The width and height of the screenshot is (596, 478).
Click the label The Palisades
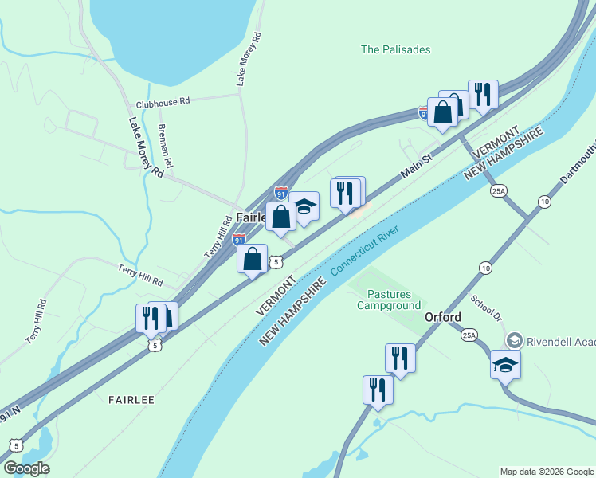[x=395, y=49]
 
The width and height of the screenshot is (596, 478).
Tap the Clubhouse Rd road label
[x=163, y=102]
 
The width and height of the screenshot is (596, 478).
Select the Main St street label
[x=415, y=166]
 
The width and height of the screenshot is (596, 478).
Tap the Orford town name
[x=442, y=317]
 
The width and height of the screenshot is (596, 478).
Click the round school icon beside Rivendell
[x=514, y=340]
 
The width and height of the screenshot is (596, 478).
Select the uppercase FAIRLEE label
[x=131, y=400]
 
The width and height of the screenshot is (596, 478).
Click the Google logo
[x=26, y=468]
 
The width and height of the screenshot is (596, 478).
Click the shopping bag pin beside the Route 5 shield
[x=253, y=259]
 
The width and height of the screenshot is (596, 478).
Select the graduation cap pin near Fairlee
[x=304, y=206]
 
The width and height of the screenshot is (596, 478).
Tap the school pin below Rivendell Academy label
[x=505, y=365]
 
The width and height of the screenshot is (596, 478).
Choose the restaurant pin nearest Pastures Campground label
[x=400, y=358]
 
